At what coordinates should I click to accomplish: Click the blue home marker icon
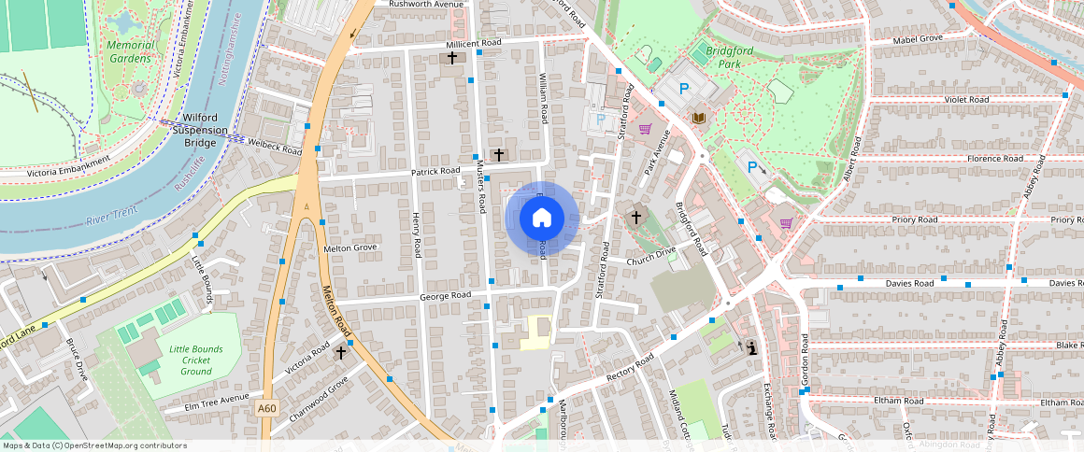542,218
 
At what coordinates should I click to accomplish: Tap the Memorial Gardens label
129,51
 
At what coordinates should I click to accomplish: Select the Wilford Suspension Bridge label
200,130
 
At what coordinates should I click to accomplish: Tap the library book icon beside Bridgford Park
699,118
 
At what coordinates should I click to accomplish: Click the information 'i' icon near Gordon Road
752,347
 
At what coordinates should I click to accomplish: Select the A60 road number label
266,408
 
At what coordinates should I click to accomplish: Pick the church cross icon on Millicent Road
453,58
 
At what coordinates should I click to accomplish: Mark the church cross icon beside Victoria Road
341,353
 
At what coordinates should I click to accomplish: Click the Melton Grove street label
349,248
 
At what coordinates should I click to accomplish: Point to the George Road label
445,295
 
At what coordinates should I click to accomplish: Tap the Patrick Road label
436,172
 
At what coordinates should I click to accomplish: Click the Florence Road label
996,159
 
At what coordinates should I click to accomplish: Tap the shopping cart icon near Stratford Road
644,129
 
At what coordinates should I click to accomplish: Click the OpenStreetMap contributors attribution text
95,445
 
